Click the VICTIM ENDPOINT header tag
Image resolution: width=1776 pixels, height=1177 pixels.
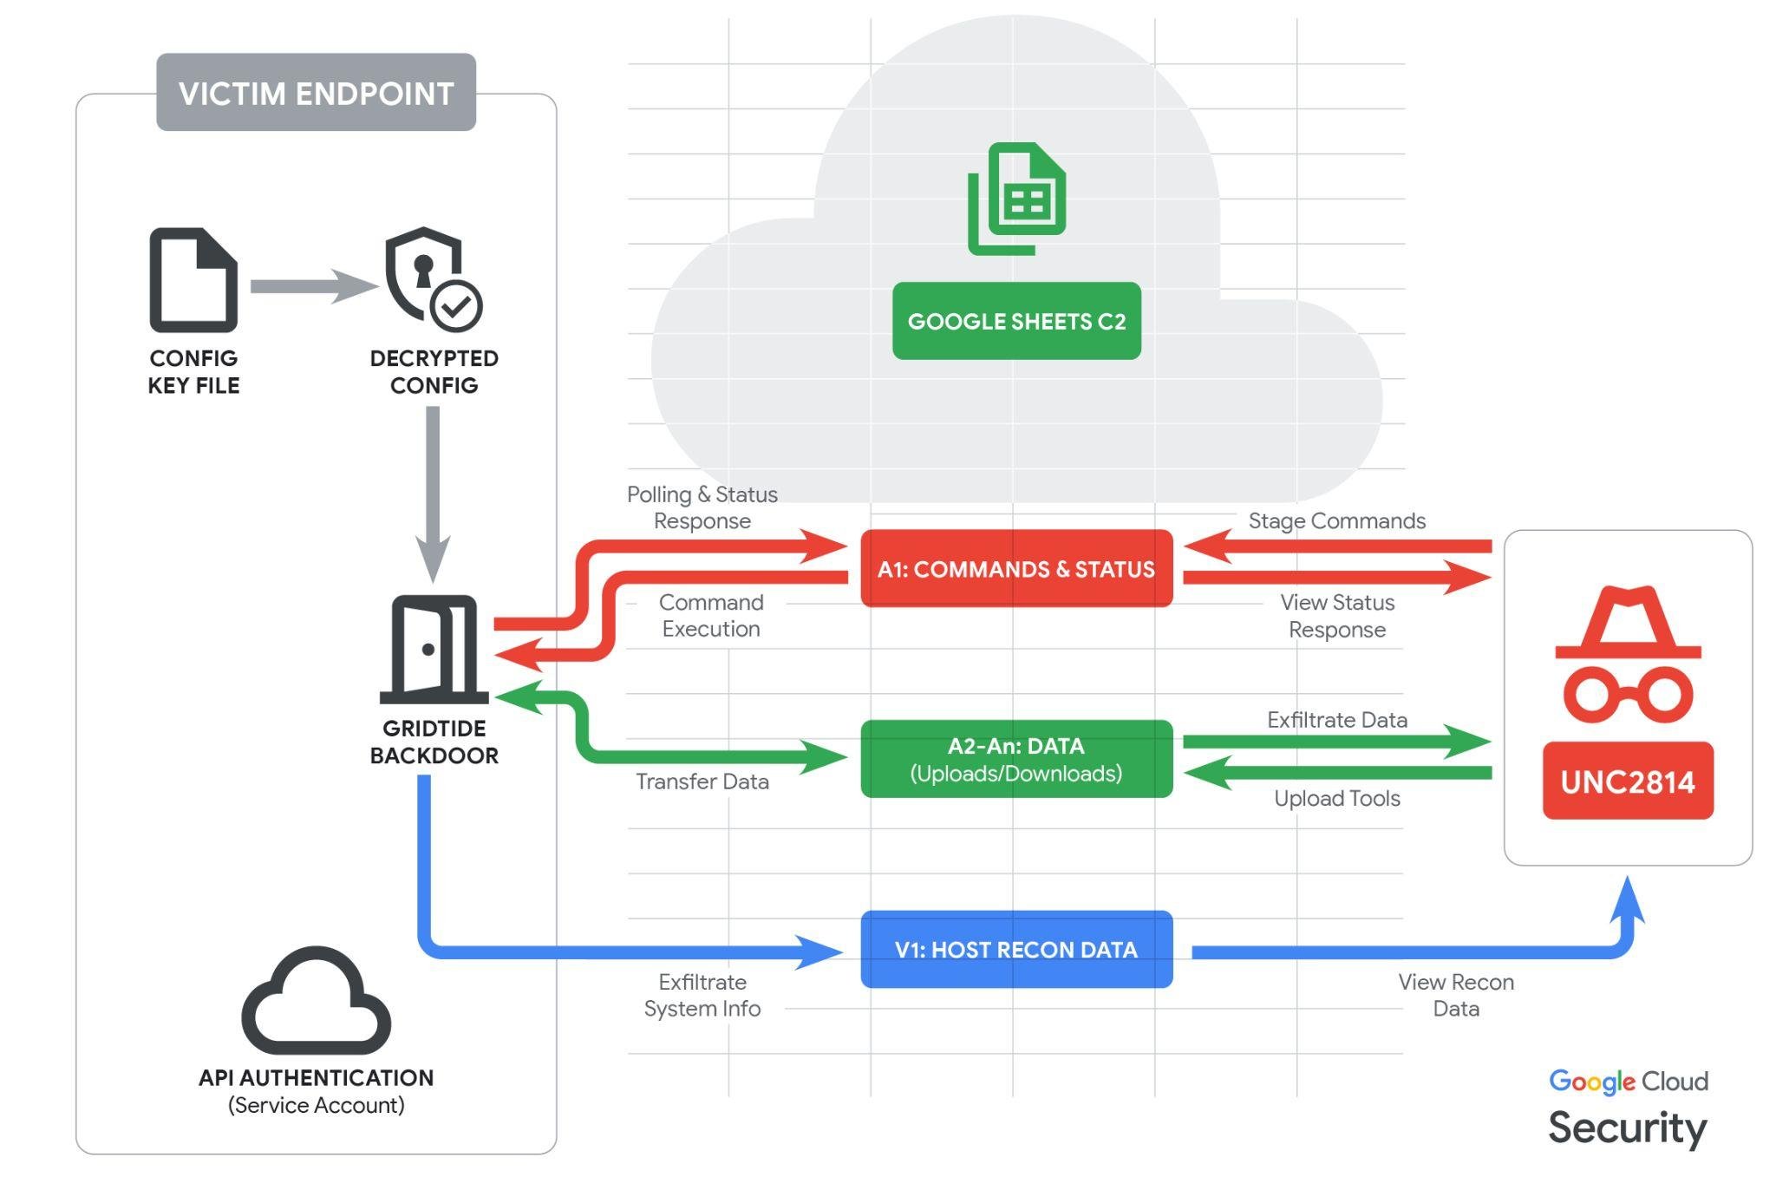pyautogui.click(x=316, y=93)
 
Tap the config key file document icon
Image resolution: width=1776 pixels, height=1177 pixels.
pyautogui.click(x=193, y=280)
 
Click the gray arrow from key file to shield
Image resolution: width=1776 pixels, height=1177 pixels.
pyautogui.click(x=312, y=286)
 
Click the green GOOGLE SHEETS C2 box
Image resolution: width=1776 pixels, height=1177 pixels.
pyautogui.click(x=1016, y=321)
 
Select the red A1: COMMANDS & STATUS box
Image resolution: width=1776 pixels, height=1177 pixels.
pyautogui.click(x=1016, y=569)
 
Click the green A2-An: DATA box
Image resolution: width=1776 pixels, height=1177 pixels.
pyautogui.click(x=1016, y=759)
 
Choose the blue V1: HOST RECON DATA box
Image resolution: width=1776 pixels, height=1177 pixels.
pyautogui.click(x=1016, y=950)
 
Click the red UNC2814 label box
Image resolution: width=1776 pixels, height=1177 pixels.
pyautogui.click(x=1628, y=781)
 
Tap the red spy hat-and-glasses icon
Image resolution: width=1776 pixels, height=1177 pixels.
pyautogui.click(x=1628, y=655)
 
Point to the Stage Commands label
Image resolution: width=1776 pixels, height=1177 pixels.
pyautogui.click(x=1336, y=520)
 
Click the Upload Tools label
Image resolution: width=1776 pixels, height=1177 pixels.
pyautogui.click(x=1336, y=798)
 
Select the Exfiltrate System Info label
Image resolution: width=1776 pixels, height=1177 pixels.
pyautogui.click(x=702, y=995)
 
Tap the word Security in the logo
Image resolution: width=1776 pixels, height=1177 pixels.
pyautogui.click(x=1627, y=1128)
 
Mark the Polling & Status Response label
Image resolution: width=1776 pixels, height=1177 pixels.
pyautogui.click(x=702, y=507)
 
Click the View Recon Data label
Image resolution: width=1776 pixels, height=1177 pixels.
pyautogui.click(x=1456, y=995)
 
